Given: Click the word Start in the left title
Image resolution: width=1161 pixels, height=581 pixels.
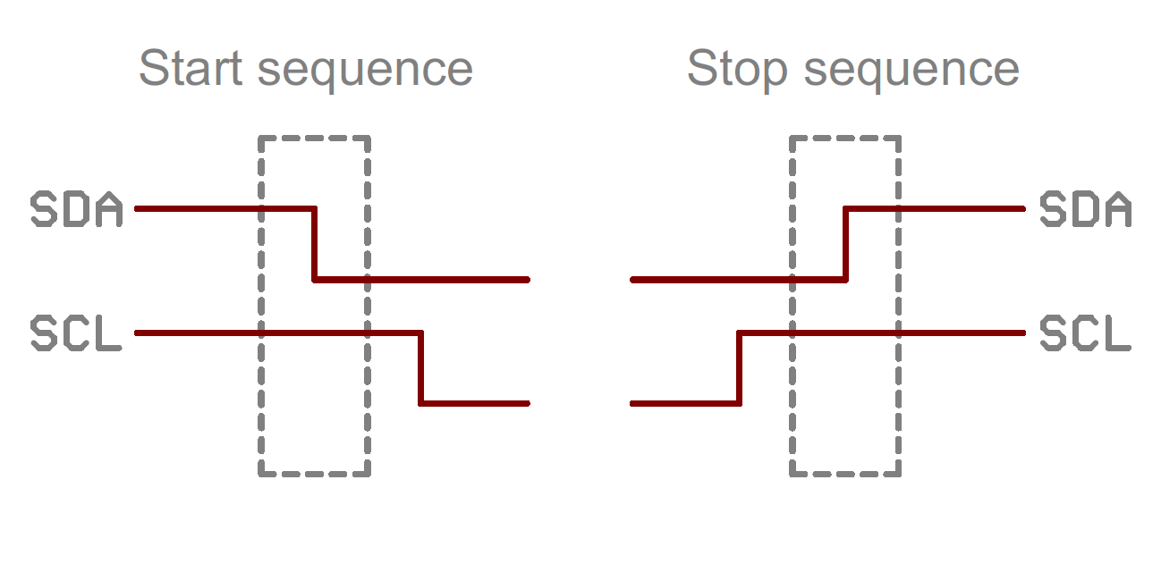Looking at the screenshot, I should coord(192,69).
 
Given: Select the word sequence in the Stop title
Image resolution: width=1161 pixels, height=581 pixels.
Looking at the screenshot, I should coord(911,71).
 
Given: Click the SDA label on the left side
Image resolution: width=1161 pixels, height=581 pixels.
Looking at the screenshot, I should coord(76,209).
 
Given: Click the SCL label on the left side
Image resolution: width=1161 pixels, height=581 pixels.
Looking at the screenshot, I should coord(76,333).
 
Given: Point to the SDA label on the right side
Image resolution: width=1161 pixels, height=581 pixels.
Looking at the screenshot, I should coord(1085,209).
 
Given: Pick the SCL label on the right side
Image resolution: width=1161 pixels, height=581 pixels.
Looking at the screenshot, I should coord(1085,333).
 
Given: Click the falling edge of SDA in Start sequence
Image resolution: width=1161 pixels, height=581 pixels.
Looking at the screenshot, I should coord(315,244).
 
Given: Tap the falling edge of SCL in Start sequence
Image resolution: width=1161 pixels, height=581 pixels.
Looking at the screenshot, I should coord(421,368).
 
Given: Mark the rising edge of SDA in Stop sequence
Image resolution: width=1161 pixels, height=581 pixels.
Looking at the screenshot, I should coord(846,244).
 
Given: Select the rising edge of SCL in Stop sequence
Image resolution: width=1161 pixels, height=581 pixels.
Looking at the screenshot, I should coord(740,368).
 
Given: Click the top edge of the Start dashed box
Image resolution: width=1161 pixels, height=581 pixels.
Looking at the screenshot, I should coord(314,138).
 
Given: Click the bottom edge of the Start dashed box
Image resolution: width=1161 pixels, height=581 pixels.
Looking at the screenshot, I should coord(314,474).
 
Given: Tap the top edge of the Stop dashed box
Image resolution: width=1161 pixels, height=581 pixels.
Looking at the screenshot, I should coord(845,138).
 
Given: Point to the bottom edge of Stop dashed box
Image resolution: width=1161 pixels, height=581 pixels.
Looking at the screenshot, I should coord(845,474).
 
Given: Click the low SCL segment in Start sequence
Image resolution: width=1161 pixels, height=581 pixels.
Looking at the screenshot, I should coord(475,404).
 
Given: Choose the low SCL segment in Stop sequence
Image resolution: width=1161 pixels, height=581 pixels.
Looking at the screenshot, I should coord(685,404).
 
